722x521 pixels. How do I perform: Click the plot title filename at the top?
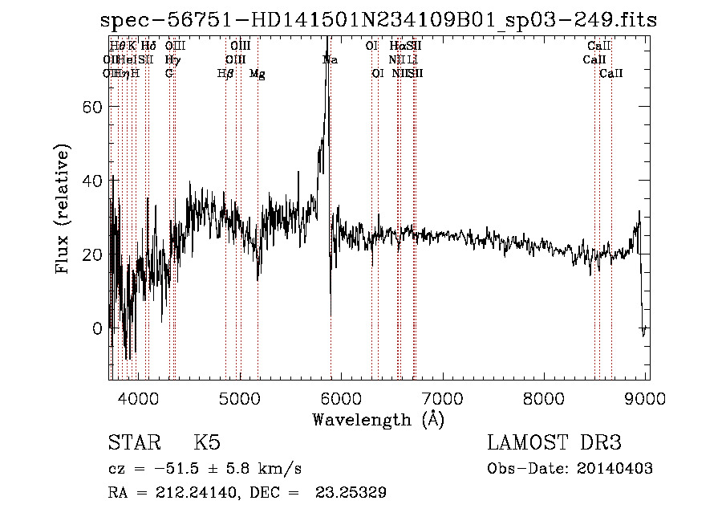(379, 20)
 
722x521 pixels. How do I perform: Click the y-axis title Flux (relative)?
(63, 209)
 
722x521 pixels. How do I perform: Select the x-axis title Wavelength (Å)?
(378, 419)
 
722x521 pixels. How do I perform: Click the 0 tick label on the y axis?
(98, 328)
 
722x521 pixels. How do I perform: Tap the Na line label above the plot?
(330, 60)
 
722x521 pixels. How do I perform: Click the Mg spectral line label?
(258, 74)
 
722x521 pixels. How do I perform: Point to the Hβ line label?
(225, 74)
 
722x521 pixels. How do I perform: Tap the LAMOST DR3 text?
(554, 443)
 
